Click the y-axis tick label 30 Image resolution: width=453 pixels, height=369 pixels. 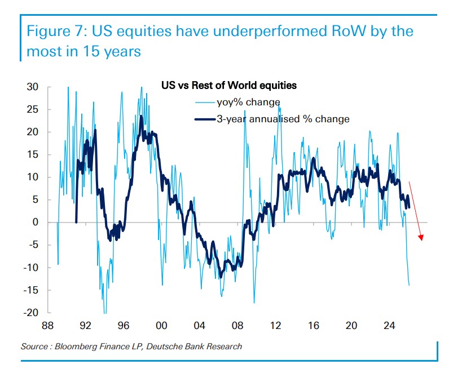(33, 87)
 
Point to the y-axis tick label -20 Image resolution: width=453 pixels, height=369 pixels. (32, 313)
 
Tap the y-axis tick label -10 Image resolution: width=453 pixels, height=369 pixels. (32, 268)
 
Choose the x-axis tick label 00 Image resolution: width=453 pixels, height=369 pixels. (161, 326)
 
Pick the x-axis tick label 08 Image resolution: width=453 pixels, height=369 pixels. (238, 326)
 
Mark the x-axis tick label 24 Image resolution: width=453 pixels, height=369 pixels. (389, 326)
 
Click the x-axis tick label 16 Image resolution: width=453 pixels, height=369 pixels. (314, 326)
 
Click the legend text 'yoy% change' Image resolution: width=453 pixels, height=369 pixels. (248, 102)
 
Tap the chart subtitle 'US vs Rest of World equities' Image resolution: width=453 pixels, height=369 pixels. (229, 86)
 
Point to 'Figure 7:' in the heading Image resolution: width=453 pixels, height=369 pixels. (57, 30)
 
